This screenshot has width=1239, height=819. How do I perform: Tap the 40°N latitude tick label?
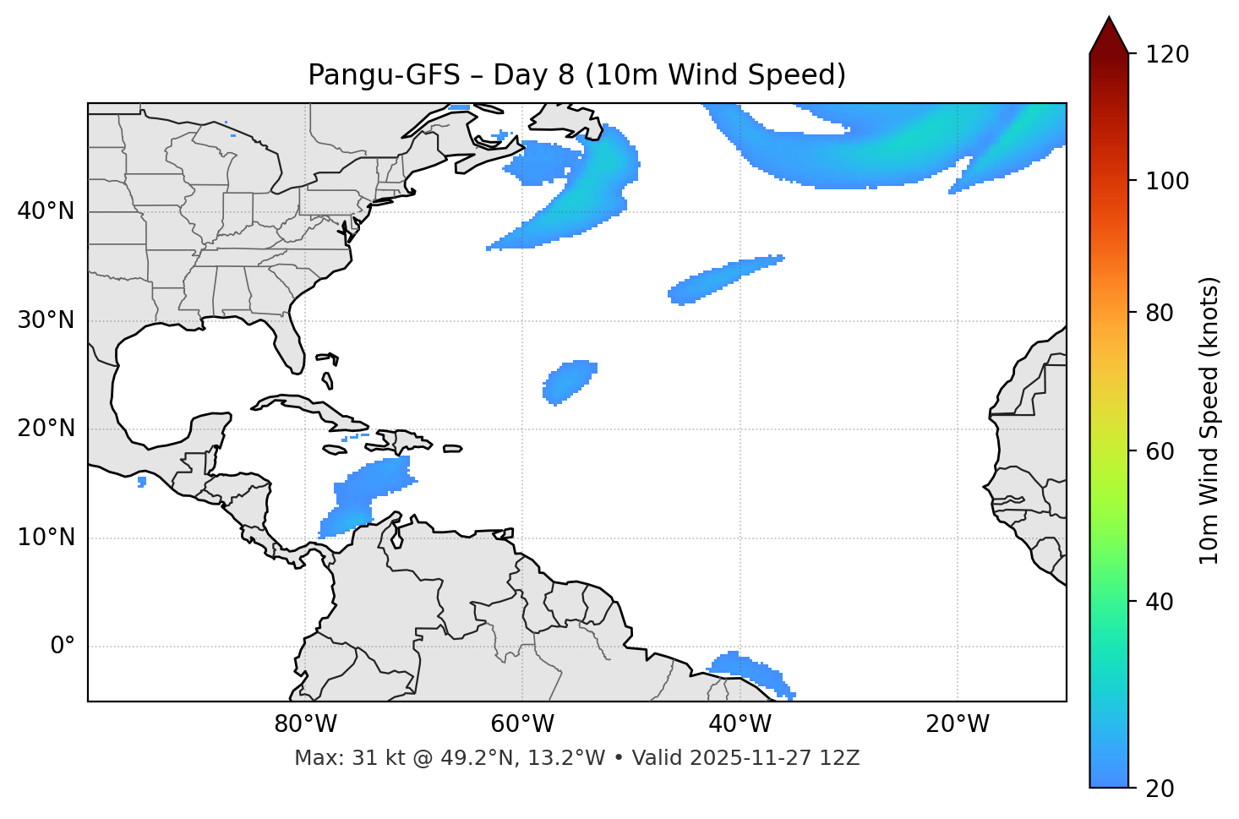[46, 211]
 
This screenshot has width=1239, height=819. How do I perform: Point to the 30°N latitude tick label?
[46, 320]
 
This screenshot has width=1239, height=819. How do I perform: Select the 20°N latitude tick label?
[46, 429]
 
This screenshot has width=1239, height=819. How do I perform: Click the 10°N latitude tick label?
[46, 538]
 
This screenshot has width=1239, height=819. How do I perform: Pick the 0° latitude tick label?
[62, 647]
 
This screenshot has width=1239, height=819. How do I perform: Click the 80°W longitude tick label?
[305, 724]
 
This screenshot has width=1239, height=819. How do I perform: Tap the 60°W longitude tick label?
[522, 724]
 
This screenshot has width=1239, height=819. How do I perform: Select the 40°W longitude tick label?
[740, 724]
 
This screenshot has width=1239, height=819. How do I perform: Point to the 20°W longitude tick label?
[957, 724]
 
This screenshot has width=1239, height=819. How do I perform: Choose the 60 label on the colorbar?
[1161, 451]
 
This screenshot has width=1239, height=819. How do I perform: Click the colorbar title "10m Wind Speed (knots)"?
[1209, 420]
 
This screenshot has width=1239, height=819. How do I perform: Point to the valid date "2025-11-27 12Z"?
[774, 758]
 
